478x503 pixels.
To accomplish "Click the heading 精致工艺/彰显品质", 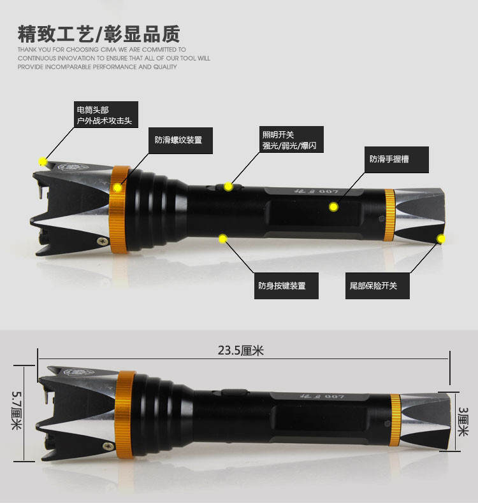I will coord(99,33).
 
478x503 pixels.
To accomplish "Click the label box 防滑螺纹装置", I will coord(178,140).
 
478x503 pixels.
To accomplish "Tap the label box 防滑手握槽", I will coord(389,159).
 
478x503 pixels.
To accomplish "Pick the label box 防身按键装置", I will coord(282,286).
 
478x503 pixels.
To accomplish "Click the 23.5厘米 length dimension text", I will coord(240,350).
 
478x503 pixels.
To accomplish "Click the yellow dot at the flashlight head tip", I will coord(43,161).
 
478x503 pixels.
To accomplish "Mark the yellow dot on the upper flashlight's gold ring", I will coord(117,188).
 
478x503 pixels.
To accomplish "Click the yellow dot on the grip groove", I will coord(333,206).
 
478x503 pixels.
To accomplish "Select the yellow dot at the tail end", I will coord(440,239).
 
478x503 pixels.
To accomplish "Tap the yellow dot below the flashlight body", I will coord(222,239).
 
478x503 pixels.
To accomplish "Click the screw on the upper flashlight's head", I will coord(101,241).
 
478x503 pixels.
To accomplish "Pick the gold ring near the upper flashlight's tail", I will coord(388,214).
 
